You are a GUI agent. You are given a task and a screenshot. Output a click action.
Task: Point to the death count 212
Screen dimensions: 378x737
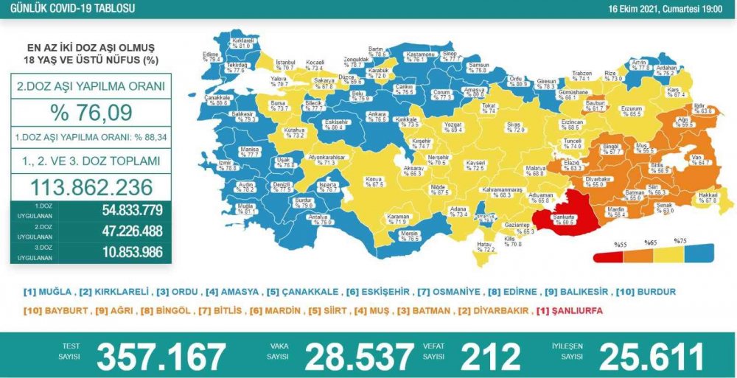490,357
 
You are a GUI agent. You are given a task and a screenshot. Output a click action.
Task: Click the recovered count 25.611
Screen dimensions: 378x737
652,357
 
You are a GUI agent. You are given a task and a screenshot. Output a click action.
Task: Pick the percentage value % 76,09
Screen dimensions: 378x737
91,113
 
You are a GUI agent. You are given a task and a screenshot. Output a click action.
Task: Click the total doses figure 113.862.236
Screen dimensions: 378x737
91,186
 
